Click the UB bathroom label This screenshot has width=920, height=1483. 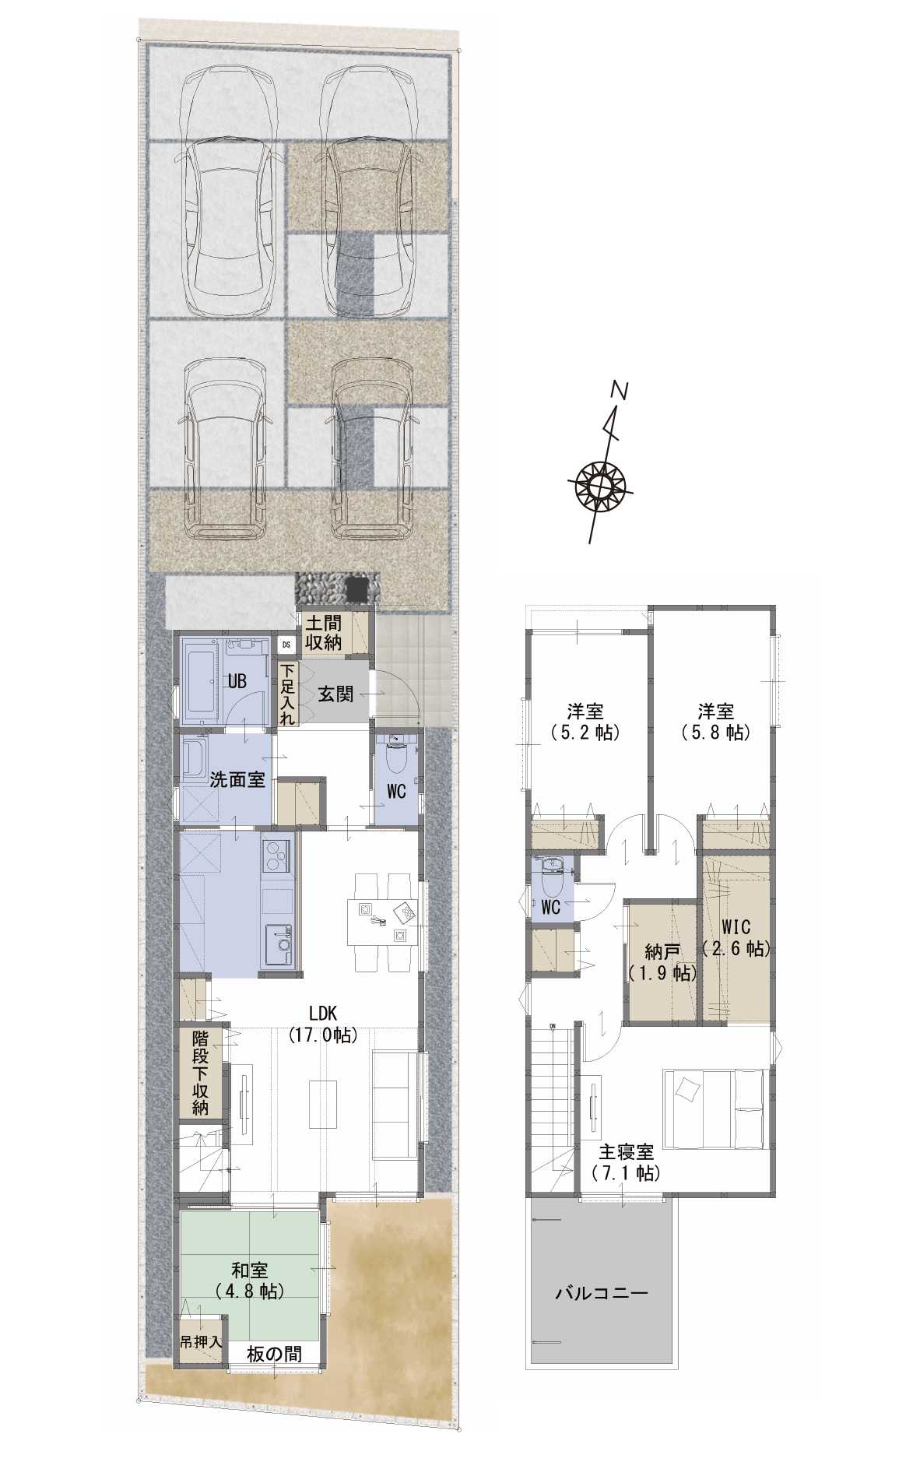pos(237,682)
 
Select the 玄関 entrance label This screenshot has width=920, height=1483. pos(336,694)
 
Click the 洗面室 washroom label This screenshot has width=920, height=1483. pos(237,780)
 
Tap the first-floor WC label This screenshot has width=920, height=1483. pos(396,792)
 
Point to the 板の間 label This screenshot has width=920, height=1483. pos(274,1354)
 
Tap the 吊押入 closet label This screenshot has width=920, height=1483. pos(202,1343)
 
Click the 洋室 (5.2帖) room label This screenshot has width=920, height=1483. pos(585,721)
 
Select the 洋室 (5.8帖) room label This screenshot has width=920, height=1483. pos(715,721)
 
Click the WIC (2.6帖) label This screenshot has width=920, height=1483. pos(736,938)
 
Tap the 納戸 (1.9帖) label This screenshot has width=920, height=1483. pos(662,962)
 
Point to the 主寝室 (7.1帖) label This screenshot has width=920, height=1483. pos(626,1162)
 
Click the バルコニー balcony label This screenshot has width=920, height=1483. pos(602,1295)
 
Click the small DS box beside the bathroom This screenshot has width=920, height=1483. pos(286,645)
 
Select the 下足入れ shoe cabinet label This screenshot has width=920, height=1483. pos(287,694)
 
